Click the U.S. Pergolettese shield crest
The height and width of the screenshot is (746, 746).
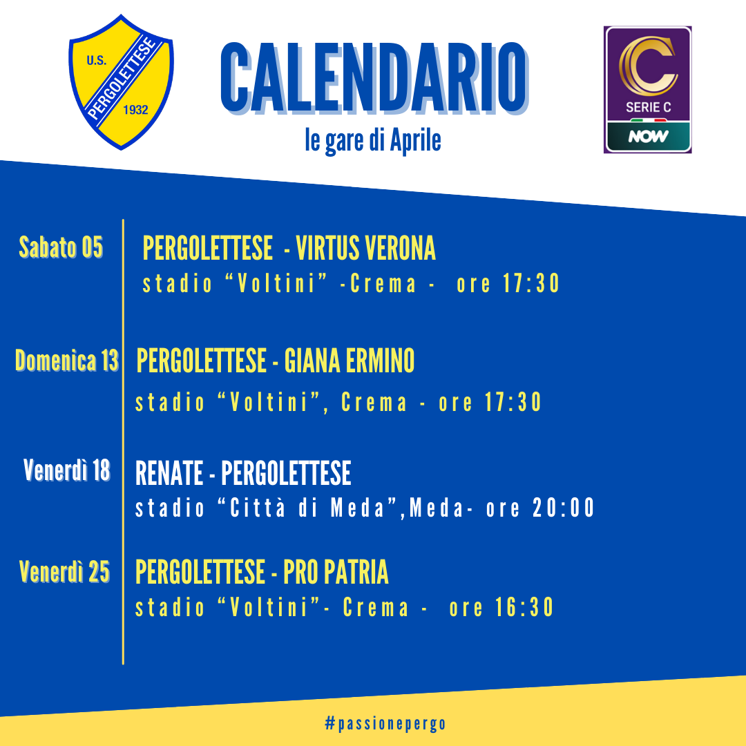(122, 82)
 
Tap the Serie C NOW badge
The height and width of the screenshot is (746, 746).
(647, 89)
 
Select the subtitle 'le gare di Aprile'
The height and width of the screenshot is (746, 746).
(373, 141)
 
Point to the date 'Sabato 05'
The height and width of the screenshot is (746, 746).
(61, 247)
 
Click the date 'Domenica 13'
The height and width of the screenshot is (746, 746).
(66, 360)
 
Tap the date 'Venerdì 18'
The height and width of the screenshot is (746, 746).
(67, 470)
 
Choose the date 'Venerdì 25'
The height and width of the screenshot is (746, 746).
(65, 571)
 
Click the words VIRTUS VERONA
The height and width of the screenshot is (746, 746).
(366, 248)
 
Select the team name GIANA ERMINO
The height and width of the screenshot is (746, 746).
(350, 361)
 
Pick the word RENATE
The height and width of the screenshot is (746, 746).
(169, 473)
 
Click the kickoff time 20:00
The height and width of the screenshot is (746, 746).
(564, 508)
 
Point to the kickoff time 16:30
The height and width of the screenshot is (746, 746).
(524, 608)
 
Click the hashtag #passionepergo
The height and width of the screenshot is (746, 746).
(385, 724)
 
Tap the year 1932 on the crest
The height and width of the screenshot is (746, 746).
(135, 110)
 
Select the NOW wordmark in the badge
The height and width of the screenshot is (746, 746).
(648, 137)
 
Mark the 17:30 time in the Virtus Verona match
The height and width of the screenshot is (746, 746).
(531, 284)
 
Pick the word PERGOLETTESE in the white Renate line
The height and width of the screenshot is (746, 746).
(287, 473)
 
